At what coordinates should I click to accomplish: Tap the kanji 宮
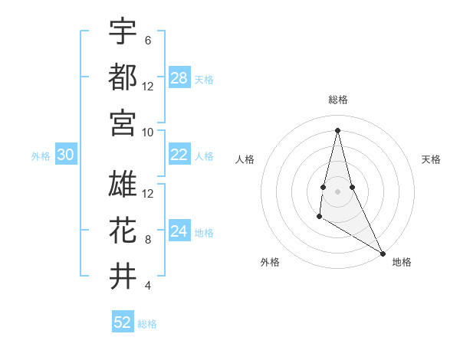click(123, 122)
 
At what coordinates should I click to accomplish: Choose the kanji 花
click(123, 230)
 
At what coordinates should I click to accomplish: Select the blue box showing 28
click(179, 78)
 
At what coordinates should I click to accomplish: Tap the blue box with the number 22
click(179, 155)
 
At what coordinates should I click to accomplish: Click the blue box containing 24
click(179, 231)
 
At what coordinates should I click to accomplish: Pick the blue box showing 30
click(65, 155)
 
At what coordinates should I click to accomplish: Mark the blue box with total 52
click(123, 322)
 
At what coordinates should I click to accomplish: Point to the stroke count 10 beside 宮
click(148, 132)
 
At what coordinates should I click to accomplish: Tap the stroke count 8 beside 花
click(147, 240)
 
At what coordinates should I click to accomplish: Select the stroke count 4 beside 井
click(147, 286)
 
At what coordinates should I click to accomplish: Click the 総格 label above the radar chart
click(337, 100)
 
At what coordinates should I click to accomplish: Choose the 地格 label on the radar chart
click(402, 262)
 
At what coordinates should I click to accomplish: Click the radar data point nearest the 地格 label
click(383, 254)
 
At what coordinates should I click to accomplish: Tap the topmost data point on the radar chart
click(337, 129)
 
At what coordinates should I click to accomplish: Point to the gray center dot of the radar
click(337, 180)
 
